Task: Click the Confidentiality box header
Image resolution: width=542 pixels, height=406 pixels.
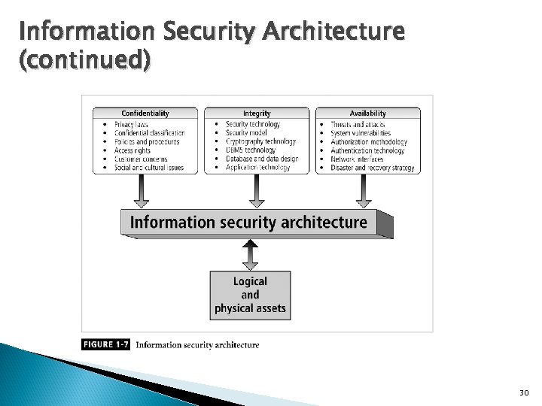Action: [145, 114]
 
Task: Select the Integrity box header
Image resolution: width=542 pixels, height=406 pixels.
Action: [257, 114]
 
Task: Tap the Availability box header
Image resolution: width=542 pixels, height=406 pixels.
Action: [368, 114]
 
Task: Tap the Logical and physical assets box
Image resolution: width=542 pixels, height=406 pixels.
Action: [250, 294]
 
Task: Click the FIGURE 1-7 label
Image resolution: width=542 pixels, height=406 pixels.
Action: [106, 345]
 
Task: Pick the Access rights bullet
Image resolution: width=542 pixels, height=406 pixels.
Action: [132, 150]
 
